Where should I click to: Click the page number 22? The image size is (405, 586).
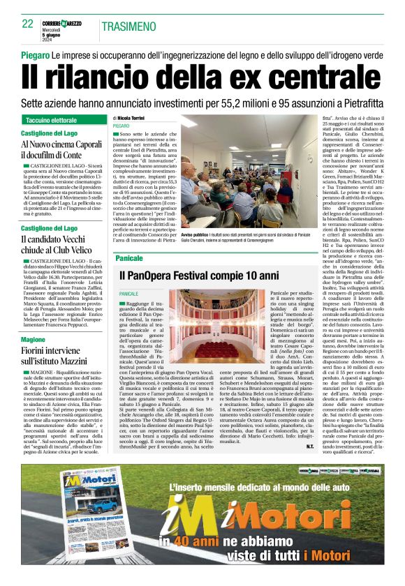point(28,24)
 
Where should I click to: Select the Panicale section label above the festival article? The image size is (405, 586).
point(128,258)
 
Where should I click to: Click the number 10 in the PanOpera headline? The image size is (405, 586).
point(244,276)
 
